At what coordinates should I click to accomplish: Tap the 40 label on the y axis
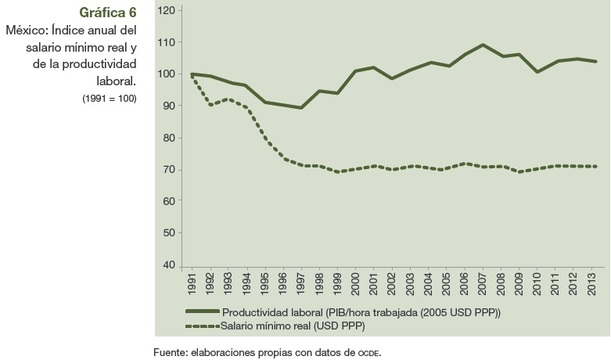pyautogui.click(x=167, y=265)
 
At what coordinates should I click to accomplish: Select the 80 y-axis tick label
pyautogui.click(x=167, y=138)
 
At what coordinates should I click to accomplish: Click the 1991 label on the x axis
pyautogui.click(x=192, y=284)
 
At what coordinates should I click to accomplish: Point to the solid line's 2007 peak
pyautogui.click(x=482, y=45)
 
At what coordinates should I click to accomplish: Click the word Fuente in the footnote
pyautogui.click(x=170, y=351)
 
